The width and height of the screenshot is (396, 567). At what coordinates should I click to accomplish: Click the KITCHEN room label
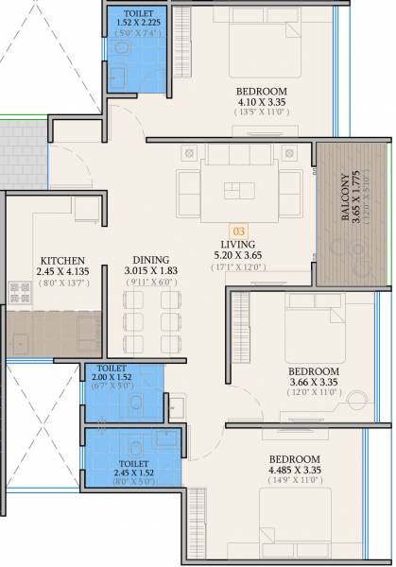tap(62, 260)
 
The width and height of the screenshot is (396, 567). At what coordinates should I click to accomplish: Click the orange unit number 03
tap(240, 229)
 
